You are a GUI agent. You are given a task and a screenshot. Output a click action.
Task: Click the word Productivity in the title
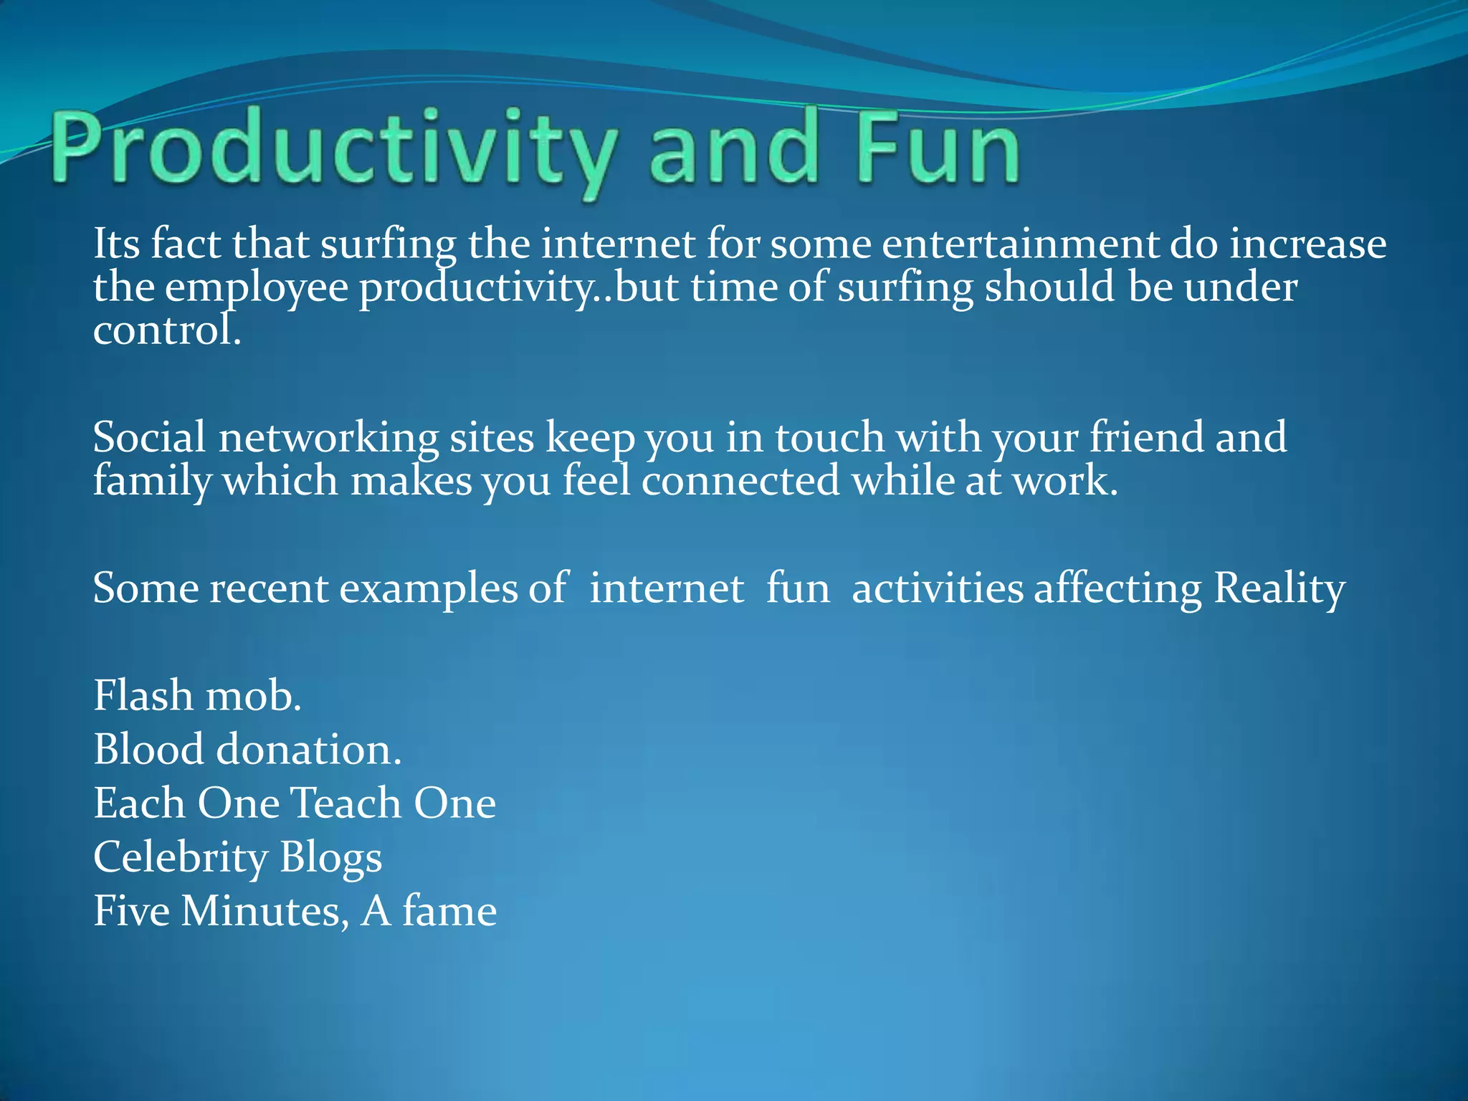pyautogui.click(x=333, y=151)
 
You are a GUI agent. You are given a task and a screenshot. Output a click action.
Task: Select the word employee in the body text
pyautogui.click(x=256, y=288)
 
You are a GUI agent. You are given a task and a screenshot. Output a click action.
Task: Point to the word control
pyautogui.click(x=166, y=331)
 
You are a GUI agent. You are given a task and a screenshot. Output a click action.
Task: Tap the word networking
pyautogui.click(x=328, y=439)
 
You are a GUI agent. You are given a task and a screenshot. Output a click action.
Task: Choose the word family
pyautogui.click(x=151, y=482)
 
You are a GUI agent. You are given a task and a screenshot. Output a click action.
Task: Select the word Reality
pyautogui.click(x=1279, y=589)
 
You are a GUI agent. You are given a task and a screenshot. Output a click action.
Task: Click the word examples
pyautogui.click(x=428, y=589)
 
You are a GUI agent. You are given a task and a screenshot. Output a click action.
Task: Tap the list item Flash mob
pyautogui.click(x=197, y=696)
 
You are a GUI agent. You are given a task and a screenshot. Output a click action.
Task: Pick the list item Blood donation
pyautogui.click(x=247, y=750)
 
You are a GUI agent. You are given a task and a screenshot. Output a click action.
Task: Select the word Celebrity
pyautogui.click(x=180, y=858)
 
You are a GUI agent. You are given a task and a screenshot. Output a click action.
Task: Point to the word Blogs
pyautogui.click(x=330, y=858)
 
